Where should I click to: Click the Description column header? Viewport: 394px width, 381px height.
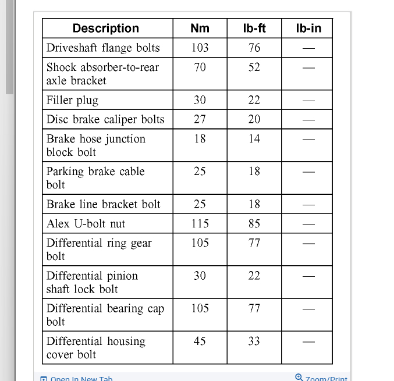point(106,29)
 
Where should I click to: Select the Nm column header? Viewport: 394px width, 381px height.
point(200,29)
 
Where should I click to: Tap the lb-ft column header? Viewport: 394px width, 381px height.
point(254,29)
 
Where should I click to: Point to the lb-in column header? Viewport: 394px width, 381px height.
point(308,29)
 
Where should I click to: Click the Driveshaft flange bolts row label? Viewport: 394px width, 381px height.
point(103,48)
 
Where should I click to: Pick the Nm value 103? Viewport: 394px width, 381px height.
point(200,48)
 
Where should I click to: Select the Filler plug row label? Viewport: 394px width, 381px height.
point(73,100)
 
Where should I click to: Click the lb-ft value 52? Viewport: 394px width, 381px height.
point(254,67)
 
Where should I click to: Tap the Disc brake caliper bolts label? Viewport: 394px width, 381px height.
point(105,119)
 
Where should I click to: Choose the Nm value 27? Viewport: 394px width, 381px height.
point(200,119)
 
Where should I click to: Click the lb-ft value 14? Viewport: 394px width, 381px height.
point(254,139)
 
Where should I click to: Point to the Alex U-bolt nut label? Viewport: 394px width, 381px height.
point(86,223)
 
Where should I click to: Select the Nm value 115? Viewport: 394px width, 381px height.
point(200,223)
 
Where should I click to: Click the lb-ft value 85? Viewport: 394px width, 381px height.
point(254,223)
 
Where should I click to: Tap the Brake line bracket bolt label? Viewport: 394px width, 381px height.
point(104,204)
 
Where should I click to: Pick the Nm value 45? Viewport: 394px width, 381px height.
point(200,341)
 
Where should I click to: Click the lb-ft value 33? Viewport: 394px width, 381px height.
point(254,341)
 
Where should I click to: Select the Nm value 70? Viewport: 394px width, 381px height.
point(200,67)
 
